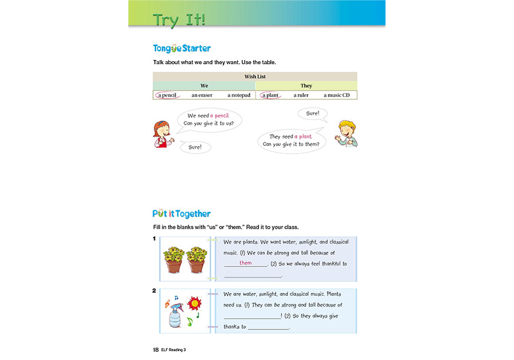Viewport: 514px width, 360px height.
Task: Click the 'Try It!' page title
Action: (x=179, y=19)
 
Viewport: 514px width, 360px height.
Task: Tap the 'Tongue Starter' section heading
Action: (x=181, y=48)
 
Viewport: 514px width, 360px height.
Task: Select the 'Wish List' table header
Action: (x=254, y=76)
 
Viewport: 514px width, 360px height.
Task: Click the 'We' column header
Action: (x=204, y=86)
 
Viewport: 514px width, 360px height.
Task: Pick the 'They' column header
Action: (x=306, y=86)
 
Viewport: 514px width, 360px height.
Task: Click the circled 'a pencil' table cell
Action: (x=167, y=95)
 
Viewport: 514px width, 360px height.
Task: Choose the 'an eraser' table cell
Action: (x=202, y=95)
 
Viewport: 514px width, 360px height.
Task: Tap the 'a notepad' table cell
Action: (x=238, y=95)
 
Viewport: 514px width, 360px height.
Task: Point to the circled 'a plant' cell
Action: (x=271, y=95)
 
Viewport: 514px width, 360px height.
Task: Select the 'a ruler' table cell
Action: (x=301, y=95)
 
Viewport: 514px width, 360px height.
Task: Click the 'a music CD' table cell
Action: (x=336, y=95)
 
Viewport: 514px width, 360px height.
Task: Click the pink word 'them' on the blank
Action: (x=246, y=263)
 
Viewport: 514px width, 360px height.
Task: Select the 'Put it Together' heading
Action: (x=181, y=214)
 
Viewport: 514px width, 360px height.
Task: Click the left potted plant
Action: (x=174, y=259)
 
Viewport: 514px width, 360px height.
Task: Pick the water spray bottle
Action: (x=175, y=316)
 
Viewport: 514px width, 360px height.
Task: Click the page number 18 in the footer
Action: (x=155, y=349)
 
